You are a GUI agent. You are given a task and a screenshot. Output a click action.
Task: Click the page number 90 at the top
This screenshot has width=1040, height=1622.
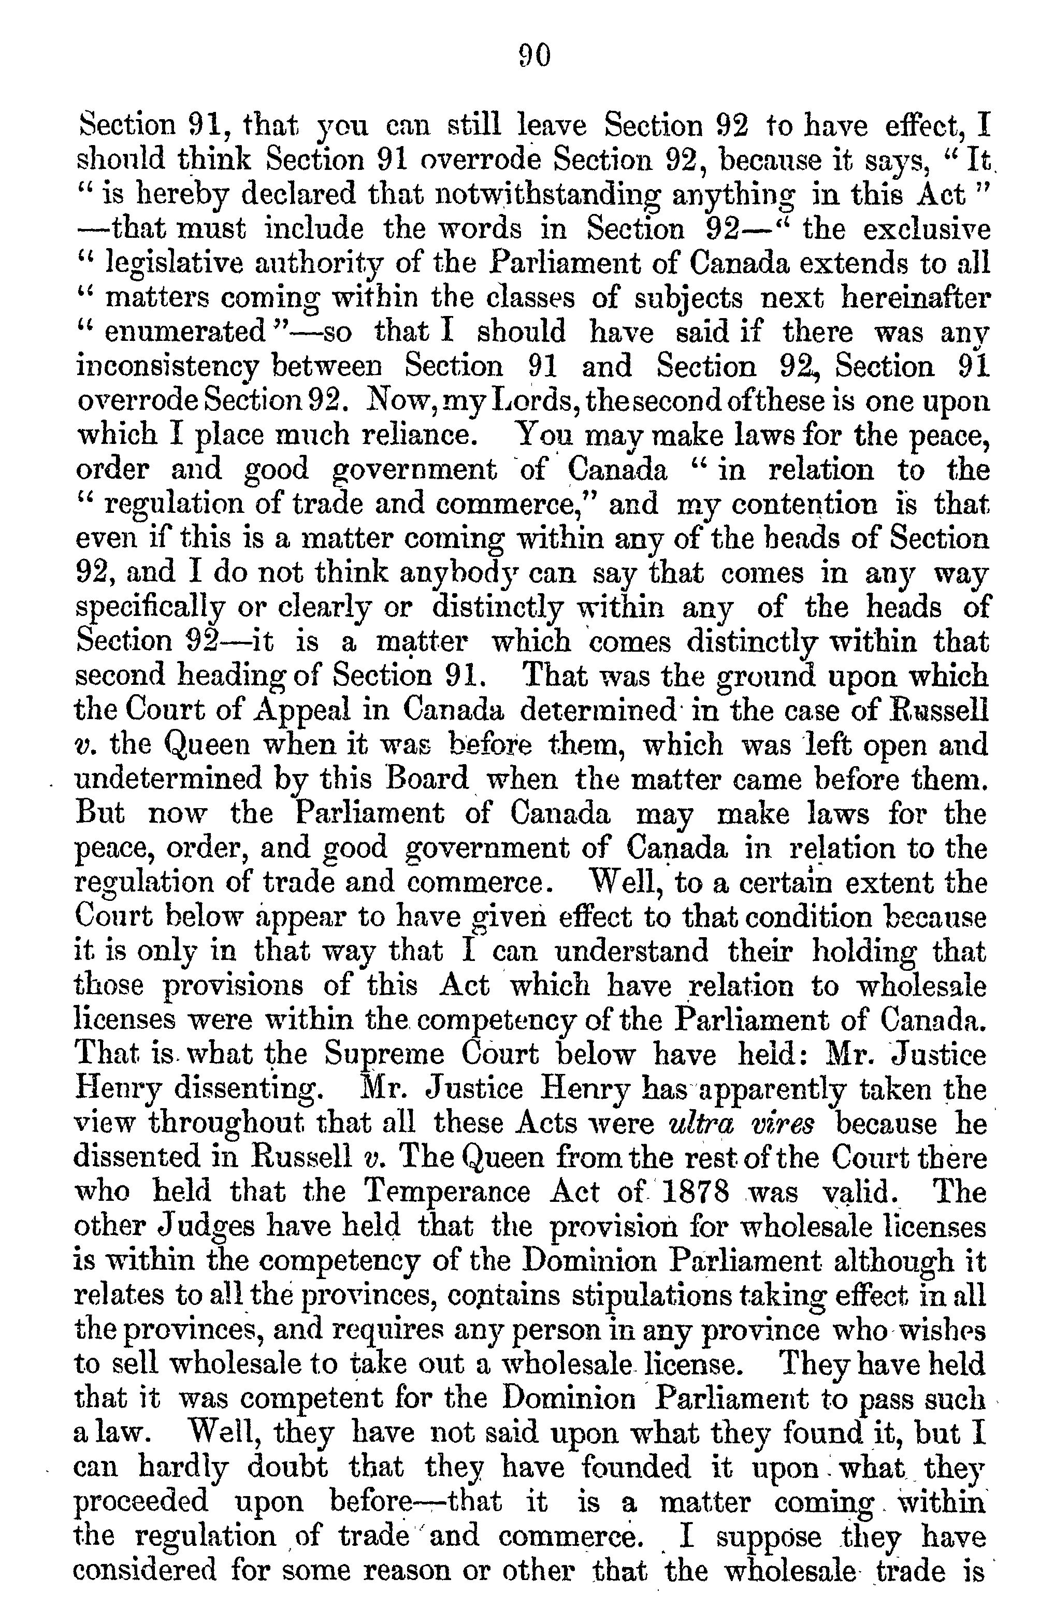point(534,56)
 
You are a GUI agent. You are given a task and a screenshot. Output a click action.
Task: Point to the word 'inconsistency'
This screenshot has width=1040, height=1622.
point(169,367)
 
